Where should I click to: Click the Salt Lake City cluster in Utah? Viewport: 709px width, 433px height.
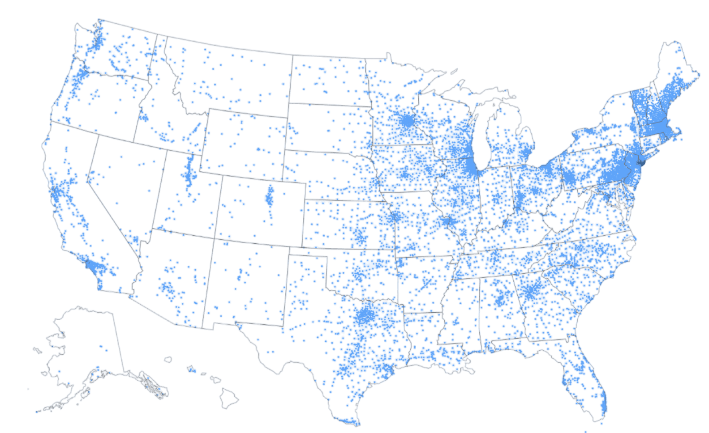189,172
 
